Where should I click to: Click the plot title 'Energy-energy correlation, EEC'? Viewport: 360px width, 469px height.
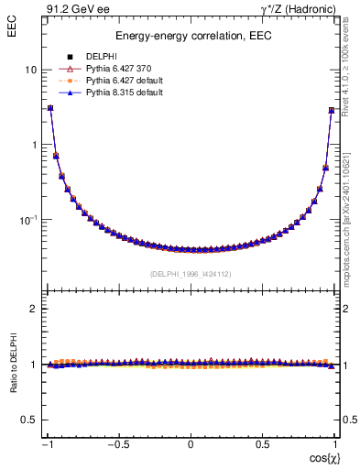190,37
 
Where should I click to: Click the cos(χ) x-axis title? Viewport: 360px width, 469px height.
322,456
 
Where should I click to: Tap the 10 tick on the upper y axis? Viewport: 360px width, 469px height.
30,70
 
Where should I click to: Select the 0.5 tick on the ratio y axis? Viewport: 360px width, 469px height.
28,420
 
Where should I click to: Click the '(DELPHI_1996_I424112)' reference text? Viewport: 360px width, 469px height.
190,273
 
